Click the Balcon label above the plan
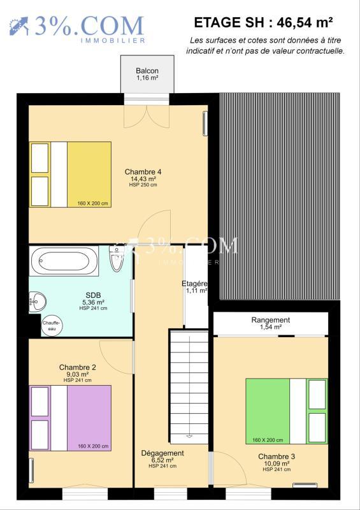tap(147, 71)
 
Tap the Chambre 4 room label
tap(143, 171)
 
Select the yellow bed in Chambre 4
tap(71, 174)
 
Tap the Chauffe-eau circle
tap(52, 326)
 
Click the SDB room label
tap(93, 295)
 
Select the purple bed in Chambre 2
tap(71, 418)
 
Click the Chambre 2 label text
tap(78, 367)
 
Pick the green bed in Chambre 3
tap(287, 411)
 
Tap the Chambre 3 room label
tap(277, 456)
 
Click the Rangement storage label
tap(270, 320)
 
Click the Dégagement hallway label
tap(162, 453)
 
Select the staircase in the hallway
tap(189, 385)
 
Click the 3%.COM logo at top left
tap(76, 27)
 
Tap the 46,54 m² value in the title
tap(308, 22)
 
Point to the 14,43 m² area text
tap(143, 179)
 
